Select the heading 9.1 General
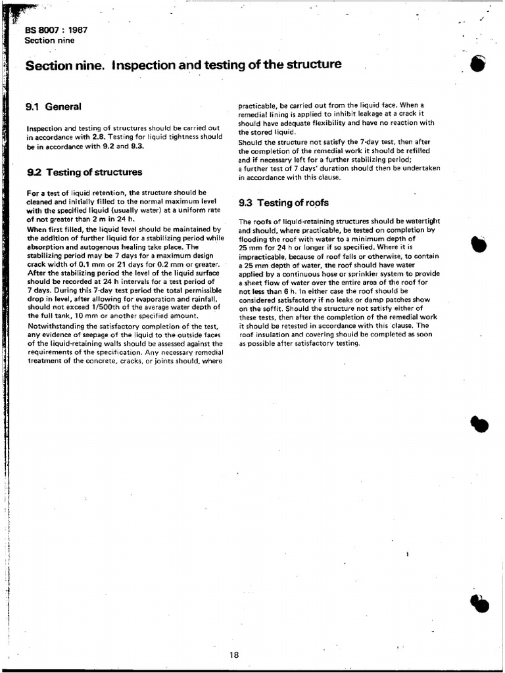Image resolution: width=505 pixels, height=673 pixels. point(53,106)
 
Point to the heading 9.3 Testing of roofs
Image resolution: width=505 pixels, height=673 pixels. point(283,202)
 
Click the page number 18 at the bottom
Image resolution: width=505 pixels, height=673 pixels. point(235,654)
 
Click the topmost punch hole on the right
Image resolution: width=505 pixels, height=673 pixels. point(479,64)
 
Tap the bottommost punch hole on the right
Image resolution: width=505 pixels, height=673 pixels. point(480,603)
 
